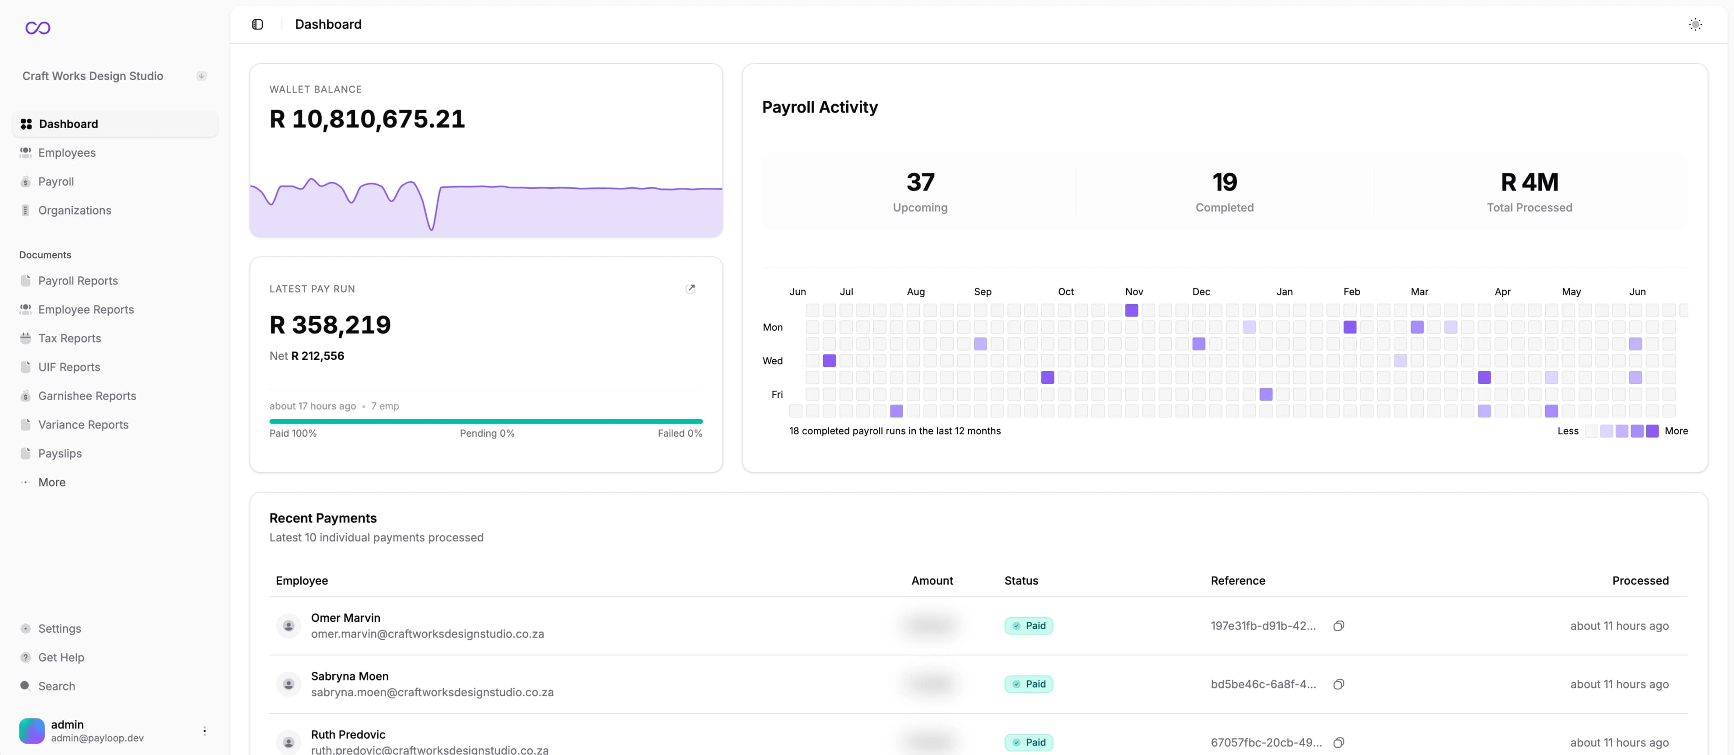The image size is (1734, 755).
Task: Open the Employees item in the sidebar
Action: click(x=67, y=153)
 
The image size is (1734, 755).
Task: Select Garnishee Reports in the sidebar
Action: click(x=87, y=396)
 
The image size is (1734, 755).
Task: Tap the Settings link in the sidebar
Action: click(x=59, y=629)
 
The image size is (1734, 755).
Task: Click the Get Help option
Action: click(x=61, y=657)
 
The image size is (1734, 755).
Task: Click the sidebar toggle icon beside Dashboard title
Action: click(x=257, y=24)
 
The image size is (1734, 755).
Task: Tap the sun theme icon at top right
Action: click(x=1695, y=24)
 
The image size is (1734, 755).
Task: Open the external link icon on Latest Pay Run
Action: click(x=690, y=289)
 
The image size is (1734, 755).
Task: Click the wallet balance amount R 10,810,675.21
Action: click(x=367, y=119)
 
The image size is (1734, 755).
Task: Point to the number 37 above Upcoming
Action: click(x=919, y=182)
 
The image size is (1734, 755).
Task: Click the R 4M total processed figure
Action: click(x=1529, y=182)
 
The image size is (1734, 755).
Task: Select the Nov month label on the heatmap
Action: click(x=1133, y=291)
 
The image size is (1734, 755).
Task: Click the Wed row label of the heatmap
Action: click(x=772, y=361)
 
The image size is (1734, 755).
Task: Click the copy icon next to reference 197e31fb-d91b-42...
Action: click(x=1338, y=626)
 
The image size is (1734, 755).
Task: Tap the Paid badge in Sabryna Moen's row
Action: click(x=1029, y=685)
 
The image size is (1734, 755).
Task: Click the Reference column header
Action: click(x=1237, y=581)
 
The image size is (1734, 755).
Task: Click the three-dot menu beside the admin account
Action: click(x=205, y=731)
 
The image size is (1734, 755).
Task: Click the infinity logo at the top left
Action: click(x=37, y=28)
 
